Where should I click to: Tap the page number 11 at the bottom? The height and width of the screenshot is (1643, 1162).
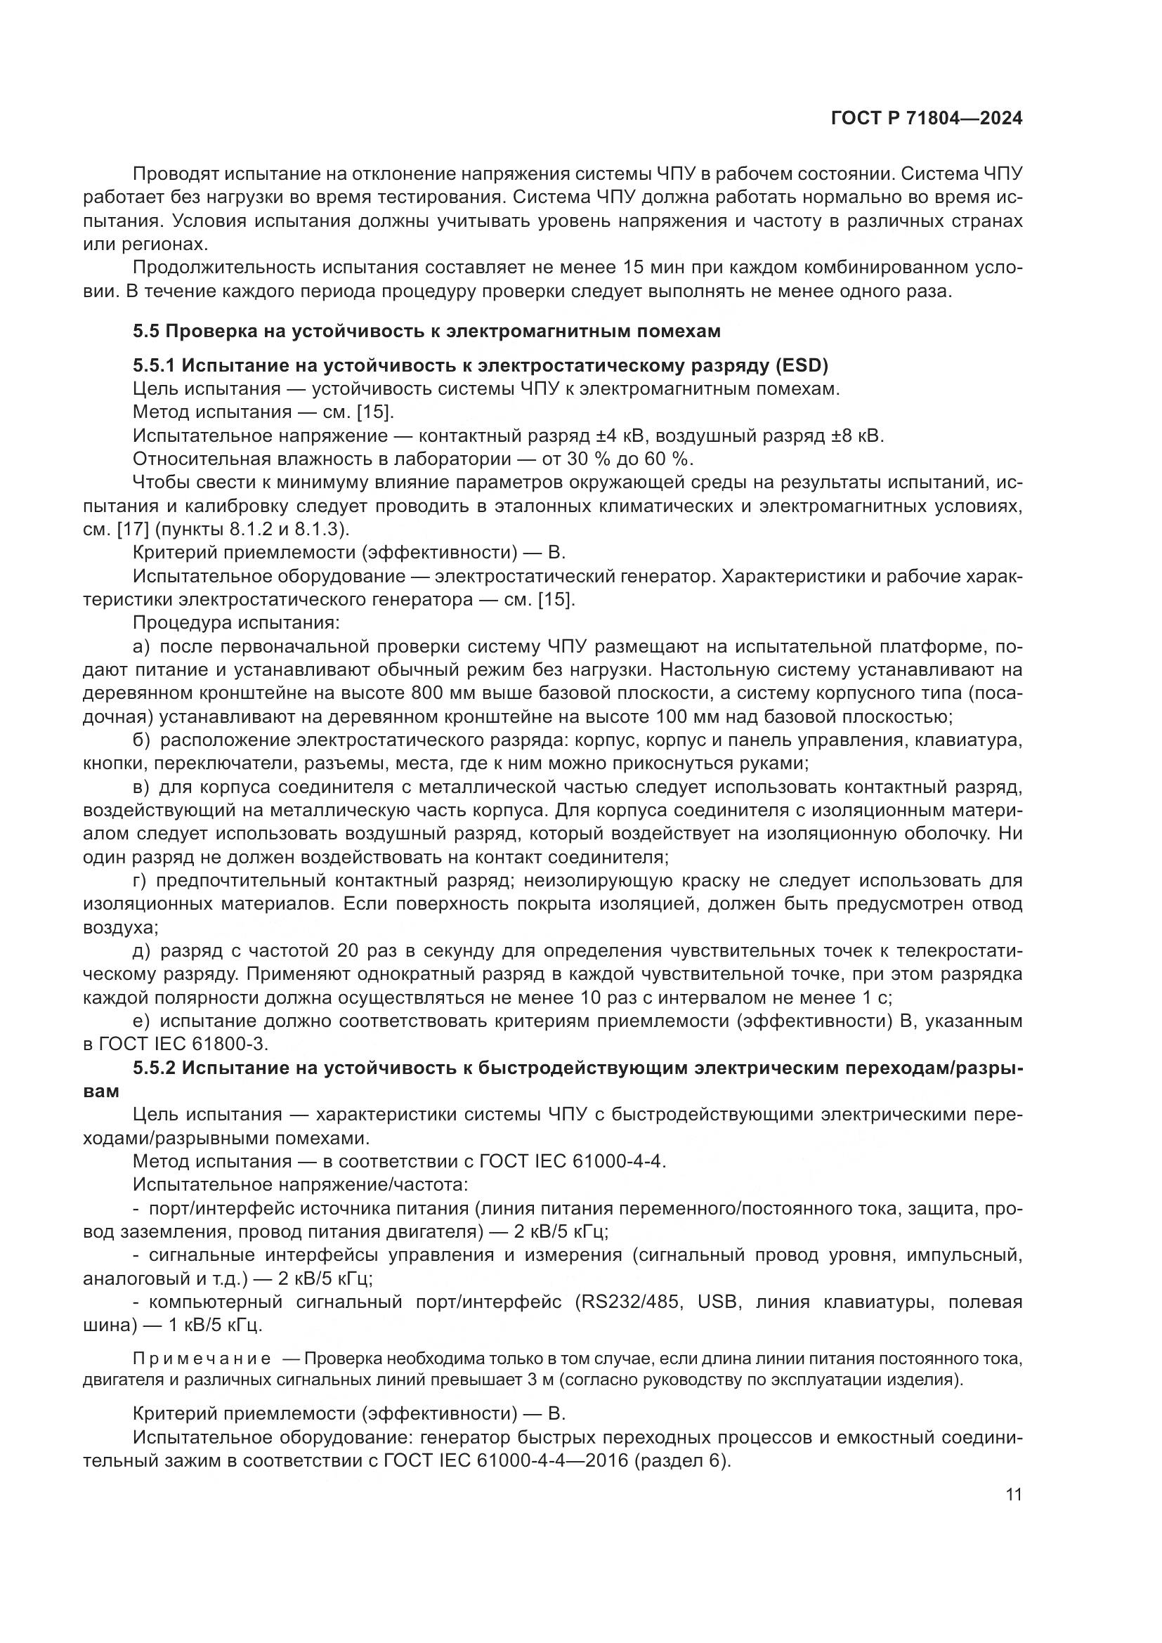pos(1013,1495)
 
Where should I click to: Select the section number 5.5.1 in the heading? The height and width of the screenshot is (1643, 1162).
pos(154,366)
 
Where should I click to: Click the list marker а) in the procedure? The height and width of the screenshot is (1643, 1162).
pos(142,647)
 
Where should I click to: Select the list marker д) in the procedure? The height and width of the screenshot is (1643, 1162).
pos(143,951)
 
